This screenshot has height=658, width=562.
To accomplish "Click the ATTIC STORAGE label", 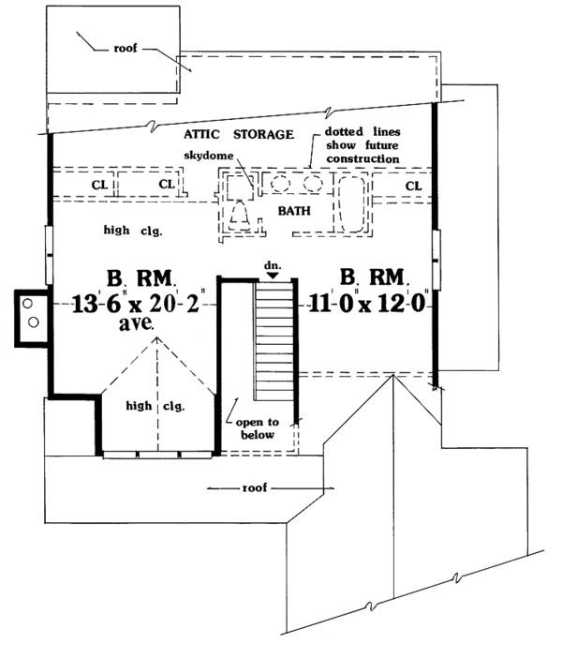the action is tap(239, 134).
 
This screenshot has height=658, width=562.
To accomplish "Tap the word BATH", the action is tap(294, 211).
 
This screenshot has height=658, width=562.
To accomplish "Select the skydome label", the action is tap(209, 156).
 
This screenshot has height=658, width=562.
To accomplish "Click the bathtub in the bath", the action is tap(351, 203).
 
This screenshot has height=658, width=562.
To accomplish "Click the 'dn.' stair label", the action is tap(273, 265).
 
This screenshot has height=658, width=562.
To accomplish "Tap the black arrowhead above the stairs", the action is tap(273, 276).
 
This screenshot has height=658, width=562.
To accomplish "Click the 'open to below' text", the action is tap(257, 428).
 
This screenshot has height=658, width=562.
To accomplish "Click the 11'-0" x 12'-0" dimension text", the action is tap(367, 303).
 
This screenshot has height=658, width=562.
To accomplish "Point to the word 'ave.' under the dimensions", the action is tap(136, 323).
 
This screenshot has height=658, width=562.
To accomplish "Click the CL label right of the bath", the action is tap(413, 186).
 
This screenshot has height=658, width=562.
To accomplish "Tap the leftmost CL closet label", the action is tap(99, 185).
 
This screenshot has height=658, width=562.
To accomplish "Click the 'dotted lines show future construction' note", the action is tap(362, 145).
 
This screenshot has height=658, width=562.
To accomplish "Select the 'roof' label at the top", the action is tap(126, 48).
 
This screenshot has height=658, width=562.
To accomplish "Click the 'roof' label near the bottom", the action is tap(255, 487).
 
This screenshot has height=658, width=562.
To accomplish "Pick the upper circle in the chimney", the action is tap(28, 303).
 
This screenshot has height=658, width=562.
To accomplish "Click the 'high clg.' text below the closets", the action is tap(133, 231).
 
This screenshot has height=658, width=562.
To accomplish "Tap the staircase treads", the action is tap(274, 341).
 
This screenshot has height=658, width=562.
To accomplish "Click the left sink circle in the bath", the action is tap(280, 184).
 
